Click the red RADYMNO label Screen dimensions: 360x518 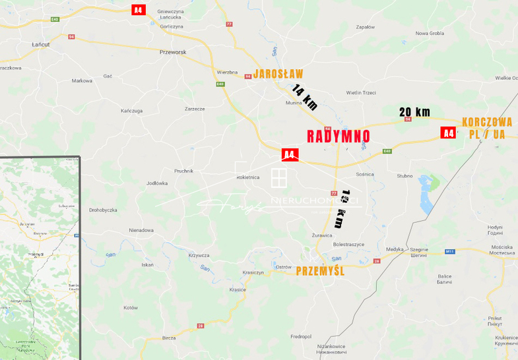pyautogui.click(x=339, y=136)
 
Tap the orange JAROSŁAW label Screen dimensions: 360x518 pyautogui.click(x=278, y=73)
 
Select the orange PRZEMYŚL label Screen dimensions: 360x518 pyautogui.click(x=321, y=270)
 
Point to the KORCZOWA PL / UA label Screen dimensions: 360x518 pyautogui.click(x=488, y=127)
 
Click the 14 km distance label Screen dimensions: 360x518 pyautogui.click(x=306, y=97)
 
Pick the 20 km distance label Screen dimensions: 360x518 pyautogui.click(x=414, y=112)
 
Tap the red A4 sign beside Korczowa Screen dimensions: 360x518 pyautogui.click(x=449, y=133)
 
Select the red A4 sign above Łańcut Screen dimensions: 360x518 pyautogui.click(x=138, y=10)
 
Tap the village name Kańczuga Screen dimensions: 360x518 pyautogui.click(x=132, y=110)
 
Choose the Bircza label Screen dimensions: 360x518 pyautogui.click(x=169, y=337)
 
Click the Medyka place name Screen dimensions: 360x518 pyautogui.click(x=395, y=249)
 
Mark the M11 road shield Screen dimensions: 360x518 pyautogui.click(x=450, y=251)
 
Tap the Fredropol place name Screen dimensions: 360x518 pyautogui.click(x=300, y=336)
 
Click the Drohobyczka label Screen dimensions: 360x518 pyautogui.click(x=103, y=210)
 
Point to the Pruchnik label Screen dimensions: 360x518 pyautogui.click(x=183, y=171)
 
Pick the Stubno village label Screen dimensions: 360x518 pyautogui.click(x=405, y=176)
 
